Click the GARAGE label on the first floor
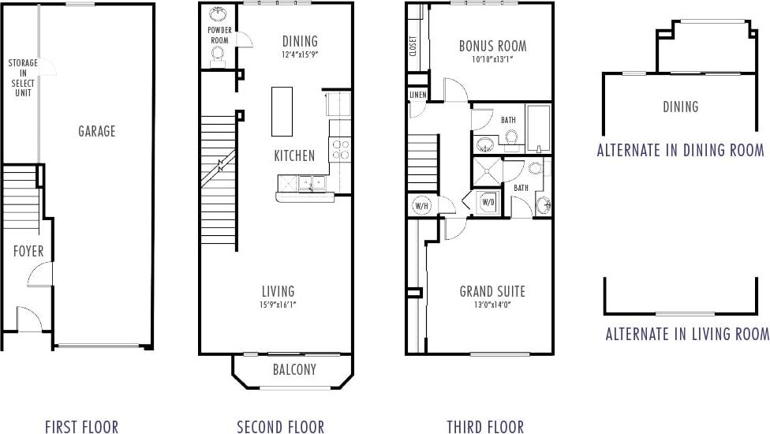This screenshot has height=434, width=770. [x=96, y=131]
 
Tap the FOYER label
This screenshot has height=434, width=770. [x=28, y=252]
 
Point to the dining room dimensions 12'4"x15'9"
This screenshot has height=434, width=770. [x=300, y=55]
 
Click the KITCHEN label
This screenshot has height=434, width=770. [x=294, y=155]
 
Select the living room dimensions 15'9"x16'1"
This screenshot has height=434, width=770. [x=278, y=305]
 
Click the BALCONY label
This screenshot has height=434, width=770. [x=293, y=369]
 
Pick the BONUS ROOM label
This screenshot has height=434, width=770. [x=492, y=46]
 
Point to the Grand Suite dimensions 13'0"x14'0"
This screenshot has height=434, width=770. [x=492, y=305]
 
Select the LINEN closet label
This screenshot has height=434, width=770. [x=417, y=95]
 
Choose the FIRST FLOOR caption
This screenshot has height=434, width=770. [x=81, y=427]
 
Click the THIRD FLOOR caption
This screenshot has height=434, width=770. [x=484, y=427]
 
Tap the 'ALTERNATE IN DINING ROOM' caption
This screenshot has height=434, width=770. [x=680, y=150]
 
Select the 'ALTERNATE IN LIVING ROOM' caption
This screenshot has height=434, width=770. [x=686, y=334]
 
